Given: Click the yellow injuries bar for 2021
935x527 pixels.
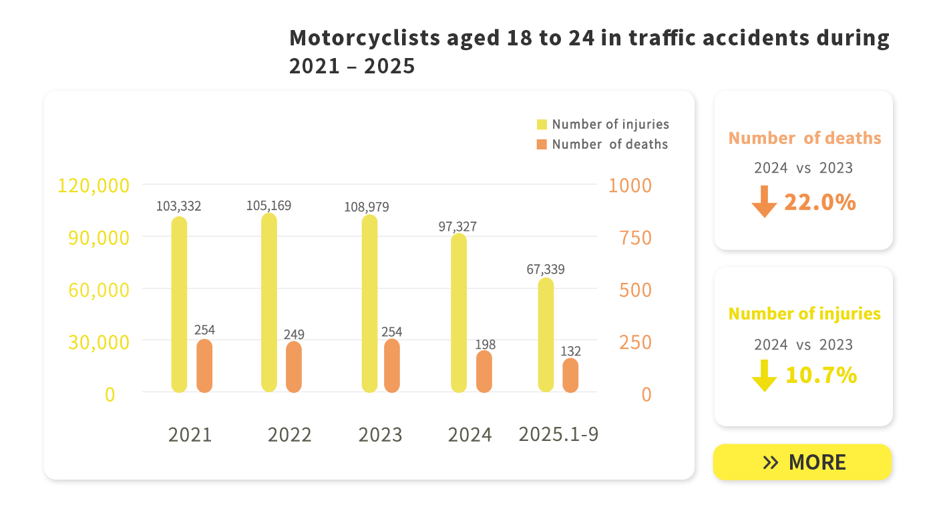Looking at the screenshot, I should tap(179, 304).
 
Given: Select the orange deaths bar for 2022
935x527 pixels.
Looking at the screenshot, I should tap(294, 367).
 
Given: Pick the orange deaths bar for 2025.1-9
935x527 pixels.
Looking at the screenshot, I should tap(570, 376).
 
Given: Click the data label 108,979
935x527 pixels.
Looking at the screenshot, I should tap(367, 207).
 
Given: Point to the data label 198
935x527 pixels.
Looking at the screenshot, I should tap(486, 345).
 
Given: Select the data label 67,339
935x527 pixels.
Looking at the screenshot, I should tap(546, 270).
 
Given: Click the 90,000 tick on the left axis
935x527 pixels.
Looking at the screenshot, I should tap(99, 237).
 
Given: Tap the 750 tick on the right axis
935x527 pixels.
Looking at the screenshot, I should tap(635, 237).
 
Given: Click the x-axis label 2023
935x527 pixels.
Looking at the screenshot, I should tap(380, 435).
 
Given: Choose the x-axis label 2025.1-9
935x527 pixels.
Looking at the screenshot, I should tap(558, 434).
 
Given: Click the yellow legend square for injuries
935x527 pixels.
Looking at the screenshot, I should tap(542, 125).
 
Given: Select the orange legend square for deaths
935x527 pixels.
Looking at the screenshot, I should tap(542, 145).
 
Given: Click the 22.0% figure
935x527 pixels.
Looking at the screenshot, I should tap(819, 202).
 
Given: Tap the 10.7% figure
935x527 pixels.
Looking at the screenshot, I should tap(821, 376).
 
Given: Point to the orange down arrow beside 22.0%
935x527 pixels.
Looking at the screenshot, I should tap(764, 201).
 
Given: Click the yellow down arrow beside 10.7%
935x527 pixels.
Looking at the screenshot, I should tap(764, 376).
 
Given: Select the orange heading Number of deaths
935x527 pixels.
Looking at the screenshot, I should tap(804, 138).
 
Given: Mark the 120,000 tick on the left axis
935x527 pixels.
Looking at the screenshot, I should tap(93, 185).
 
